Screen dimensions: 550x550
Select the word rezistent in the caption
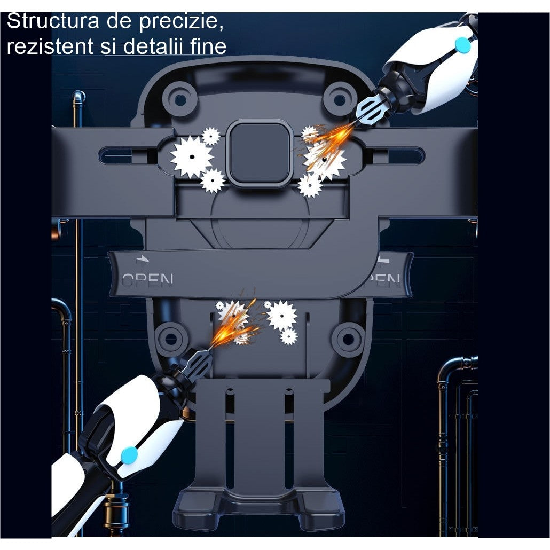tap(49, 46)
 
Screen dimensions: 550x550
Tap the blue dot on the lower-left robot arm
tap(129, 455)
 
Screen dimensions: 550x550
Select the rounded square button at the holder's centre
tap(260, 153)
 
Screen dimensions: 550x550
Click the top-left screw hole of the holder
tap(180, 99)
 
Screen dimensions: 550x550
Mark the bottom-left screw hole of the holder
tap(171, 338)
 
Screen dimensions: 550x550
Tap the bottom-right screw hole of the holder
tap(348, 338)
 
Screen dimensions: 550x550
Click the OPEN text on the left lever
tap(147, 280)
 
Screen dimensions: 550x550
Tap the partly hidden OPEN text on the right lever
tap(384, 279)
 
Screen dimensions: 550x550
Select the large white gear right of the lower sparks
tap(281, 315)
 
